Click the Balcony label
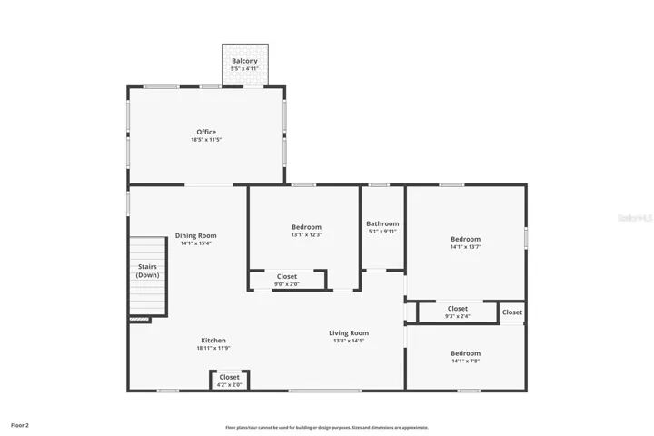click(244, 61)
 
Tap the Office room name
click(206, 132)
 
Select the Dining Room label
click(195, 235)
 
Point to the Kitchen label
click(213, 341)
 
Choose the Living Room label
click(348, 332)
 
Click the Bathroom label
click(382, 223)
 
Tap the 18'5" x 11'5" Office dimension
click(206, 140)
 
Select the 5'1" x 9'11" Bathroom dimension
click(382, 231)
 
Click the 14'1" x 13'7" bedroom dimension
click(465, 247)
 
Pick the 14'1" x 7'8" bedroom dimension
click(465, 361)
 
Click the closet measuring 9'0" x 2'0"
click(286, 281)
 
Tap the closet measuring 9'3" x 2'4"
click(457, 312)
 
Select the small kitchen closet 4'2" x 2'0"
click(229, 381)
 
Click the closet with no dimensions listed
click(512, 312)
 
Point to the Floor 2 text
click(20, 424)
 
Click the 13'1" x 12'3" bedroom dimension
click(306, 234)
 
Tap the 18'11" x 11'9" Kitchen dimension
click(213, 348)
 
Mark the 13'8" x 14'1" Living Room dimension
click(348, 341)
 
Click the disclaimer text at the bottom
click(327, 427)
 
